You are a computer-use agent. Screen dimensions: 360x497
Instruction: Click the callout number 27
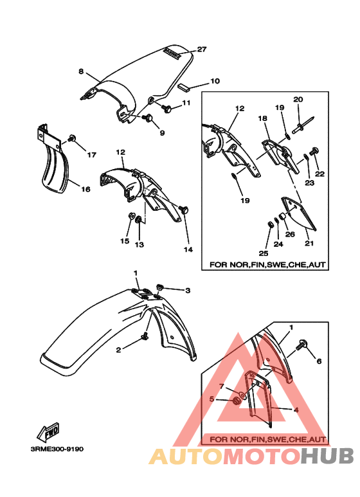click(202, 49)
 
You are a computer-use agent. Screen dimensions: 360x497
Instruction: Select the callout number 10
click(215, 81)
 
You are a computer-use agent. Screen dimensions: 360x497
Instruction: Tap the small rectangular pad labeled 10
click(184, 87)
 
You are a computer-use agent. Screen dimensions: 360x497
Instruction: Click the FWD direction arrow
click(48, 432)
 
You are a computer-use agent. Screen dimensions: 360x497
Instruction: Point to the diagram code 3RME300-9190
click(57, 449)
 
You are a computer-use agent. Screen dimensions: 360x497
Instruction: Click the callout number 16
click(85, 189)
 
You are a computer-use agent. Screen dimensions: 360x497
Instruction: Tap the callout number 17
click(91, 155)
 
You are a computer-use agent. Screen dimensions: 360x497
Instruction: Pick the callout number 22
click(319, 174)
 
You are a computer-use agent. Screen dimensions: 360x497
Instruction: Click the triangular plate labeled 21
click(298, 212)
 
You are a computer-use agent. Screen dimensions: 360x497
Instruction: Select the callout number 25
click(264, 253)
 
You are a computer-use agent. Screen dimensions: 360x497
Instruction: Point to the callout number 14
click(188, 249)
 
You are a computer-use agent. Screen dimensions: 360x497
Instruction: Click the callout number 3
click(188, 291)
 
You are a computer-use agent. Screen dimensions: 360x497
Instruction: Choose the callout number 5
click(212, 399)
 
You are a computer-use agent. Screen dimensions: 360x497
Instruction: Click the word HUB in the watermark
click(327, 455)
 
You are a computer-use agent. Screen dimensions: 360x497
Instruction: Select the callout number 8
click(81, 71)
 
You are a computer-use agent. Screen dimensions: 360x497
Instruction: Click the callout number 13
click(139, 245)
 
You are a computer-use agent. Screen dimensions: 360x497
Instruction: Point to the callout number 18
click(262, 118)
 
